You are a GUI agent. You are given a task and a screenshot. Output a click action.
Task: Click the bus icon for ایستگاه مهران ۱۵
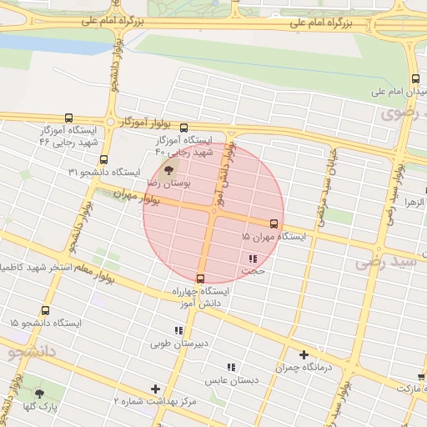pos(274,224)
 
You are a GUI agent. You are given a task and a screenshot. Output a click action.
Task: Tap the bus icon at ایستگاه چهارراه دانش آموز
pos(200,279)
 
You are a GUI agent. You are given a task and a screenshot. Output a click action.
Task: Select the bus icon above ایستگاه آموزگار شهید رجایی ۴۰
pos(184,128)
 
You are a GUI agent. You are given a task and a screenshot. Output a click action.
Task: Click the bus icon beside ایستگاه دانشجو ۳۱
pos(103,159)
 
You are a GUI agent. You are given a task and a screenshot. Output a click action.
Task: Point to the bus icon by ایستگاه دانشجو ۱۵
pos(45,309)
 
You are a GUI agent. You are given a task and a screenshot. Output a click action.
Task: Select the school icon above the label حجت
pos(252,258)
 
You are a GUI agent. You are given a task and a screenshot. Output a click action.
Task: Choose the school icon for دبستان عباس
pos(232,366)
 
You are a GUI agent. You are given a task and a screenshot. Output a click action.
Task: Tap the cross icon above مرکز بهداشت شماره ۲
pos(155,389)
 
